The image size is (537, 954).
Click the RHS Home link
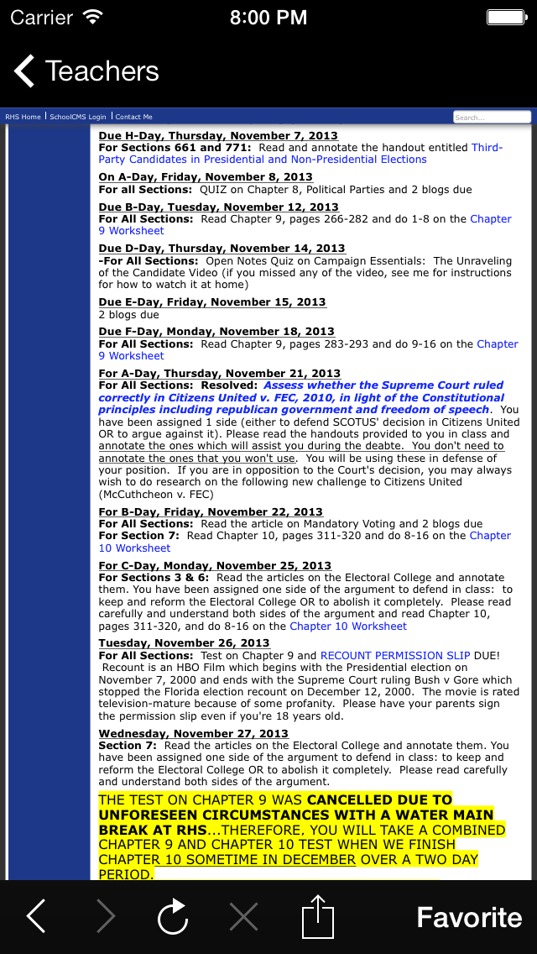pyautogui.click(x=23, y=117)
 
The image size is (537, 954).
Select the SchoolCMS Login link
pyautogui.click(x=78, y=117)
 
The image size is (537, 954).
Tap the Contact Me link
pyautogui.click(x=134, y=117)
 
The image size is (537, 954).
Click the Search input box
pyautogui.click(x=492, y=117)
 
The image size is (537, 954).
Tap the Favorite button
pyautogui.click(x=469, y=917)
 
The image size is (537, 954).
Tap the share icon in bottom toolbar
pyautogui.click(x=318, y=917)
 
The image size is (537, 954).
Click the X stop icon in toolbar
pyautogui.click(x=243, y=917)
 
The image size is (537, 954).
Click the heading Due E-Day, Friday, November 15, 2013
pyautogui.click(x=212, y=302)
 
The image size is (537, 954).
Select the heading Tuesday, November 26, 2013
pyautogui.click(x=184, y=643)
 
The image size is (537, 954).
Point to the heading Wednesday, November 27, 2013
pyautogui.click(x=193, y=734)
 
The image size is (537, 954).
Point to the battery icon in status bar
pyautogui.click(x=505, y=17)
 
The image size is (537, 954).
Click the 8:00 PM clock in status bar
pyautogui.click(x=268, y=17)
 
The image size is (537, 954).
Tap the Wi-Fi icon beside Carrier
pyautogui.click(x=93, y=17)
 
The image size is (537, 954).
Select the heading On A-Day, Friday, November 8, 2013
pyautogui.click(x=205, y=177)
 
